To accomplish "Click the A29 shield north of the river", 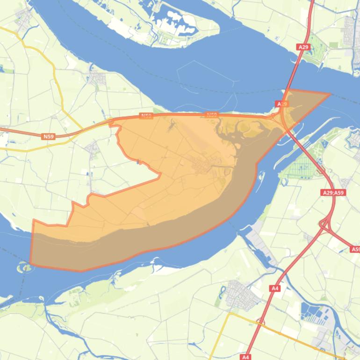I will click(x=303, y=47).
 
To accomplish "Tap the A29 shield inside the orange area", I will click(x=281, y=104).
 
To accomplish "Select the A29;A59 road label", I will click(x=334, y=192).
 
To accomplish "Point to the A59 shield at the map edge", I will click(x=355, y=250).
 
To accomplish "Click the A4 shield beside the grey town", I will click(x=275, y=288).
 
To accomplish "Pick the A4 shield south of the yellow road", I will click(x=246, y=357).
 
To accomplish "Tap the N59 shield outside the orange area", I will click(x=48, y=137).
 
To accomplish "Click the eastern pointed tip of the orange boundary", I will click(x=330, y=94).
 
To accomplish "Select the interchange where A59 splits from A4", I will click(x=324, y=224).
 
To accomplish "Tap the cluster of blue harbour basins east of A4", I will click(x=314, y=313).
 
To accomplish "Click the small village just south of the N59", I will click(x=92, y=149).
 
